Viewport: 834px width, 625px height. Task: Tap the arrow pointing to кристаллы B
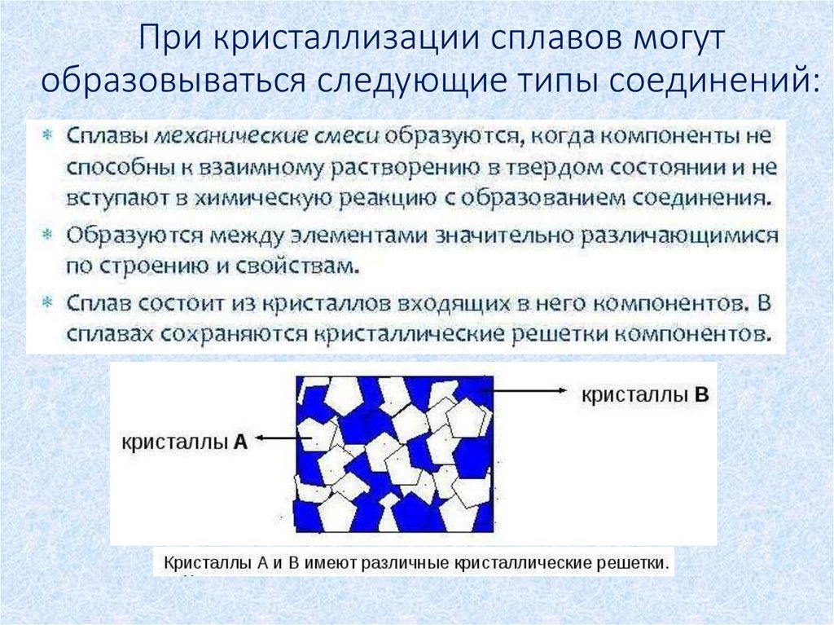pos(529,392)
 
